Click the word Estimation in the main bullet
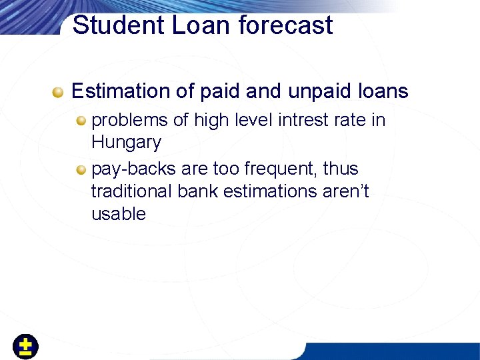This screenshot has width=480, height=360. (x=121, y=91)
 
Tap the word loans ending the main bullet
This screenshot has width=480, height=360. (x=382, y=91)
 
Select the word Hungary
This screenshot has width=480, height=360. (x=126, y=143)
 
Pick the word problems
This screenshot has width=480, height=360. (x=129, y=121)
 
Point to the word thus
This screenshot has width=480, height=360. (x=341, y=169)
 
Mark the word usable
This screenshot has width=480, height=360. (x=118, y=214)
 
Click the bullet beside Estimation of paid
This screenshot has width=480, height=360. (x=59, y=91)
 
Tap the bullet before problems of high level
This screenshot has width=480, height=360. (x=81, y=121)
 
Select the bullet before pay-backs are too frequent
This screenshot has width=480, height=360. (x=81, y=169)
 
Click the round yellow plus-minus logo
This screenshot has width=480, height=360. (x=25, y=347)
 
